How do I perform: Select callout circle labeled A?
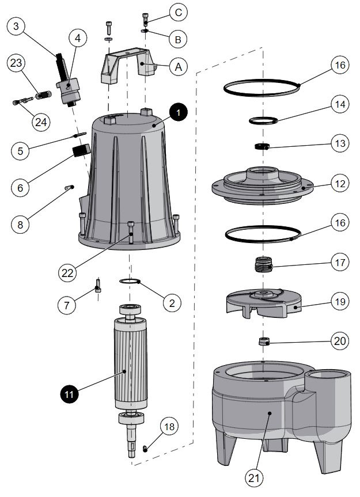tap(178, 67)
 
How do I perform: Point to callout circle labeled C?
tap(178, 12)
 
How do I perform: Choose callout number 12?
tap(340, 184)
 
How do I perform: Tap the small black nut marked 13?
tap(263, 147)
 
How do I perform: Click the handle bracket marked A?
tap(127, 63)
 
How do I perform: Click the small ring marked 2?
tap(131, 281)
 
